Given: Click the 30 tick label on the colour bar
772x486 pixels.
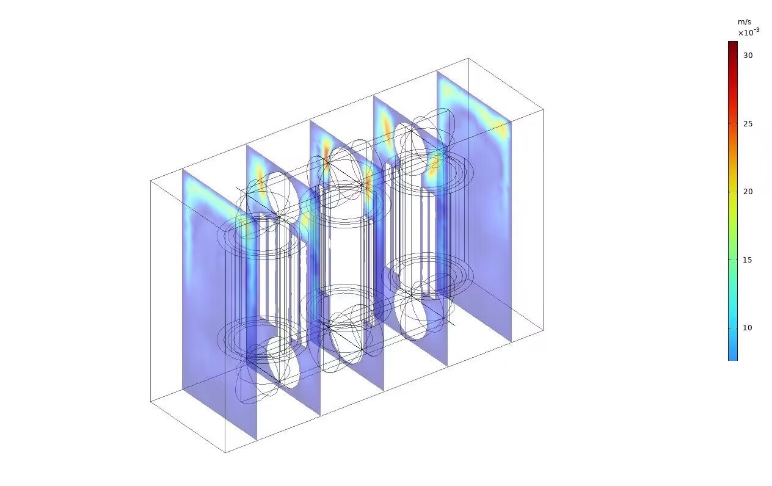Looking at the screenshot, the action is point(748,56).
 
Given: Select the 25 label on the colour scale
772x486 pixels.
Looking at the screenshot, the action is point(748,124).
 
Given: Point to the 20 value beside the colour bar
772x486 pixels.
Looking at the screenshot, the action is point(748,192).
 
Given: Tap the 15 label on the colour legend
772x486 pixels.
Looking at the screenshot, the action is point(747,260).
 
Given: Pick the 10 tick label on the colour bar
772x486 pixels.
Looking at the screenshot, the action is point(747,328).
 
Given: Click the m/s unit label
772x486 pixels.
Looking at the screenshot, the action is point(745,22).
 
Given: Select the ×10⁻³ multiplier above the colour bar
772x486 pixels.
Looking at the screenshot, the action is point(749,32).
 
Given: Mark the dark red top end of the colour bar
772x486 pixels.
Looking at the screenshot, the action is point(733,42).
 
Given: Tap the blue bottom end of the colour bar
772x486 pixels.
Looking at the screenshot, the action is point(733,359).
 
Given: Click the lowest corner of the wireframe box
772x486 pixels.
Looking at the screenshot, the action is point(225,452).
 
